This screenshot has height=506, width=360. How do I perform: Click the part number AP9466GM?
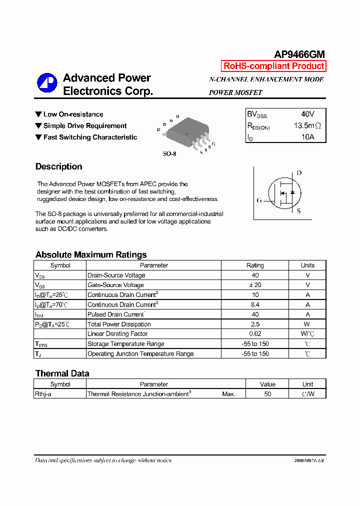pyautogui.click(x=299, y=54)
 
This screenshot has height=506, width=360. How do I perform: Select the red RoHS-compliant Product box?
pyautogui.click(x=273, y=66)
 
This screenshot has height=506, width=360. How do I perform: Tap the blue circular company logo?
pyautogui.click(x=47, y=83)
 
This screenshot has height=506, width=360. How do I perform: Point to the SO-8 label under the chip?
pyautogui.click(x=169, y=154)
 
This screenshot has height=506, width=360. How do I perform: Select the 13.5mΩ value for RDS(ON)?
pyautogui.click(x=307, y=125)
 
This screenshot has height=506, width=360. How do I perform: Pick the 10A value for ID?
pyautogui.click(x=307, y=137)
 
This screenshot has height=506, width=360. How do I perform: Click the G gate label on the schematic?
pyautogui.click(x=259, y=200)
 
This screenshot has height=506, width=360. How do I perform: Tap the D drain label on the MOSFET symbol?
pyautogui.click(x=299, y=173)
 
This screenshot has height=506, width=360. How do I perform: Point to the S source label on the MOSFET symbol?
pyautogui.click(x=299, y=211)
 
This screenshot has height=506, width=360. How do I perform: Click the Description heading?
pyautogui.click(x=58, y=167)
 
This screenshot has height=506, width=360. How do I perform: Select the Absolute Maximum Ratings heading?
pyautogui.click(x=91, y=254)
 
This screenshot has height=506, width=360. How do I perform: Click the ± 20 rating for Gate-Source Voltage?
pyautogui.click(x=255, y=285)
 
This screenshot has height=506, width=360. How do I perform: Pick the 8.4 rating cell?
pyautogui.click(x=255, y=304)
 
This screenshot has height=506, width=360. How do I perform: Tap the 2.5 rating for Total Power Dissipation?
pyautogui.click(x=255, y=324)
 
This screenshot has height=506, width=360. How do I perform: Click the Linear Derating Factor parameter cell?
pyautogui.click(x=117, y=334)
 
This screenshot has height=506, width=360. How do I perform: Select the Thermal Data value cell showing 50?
pyautogui.click(x=267, y=394)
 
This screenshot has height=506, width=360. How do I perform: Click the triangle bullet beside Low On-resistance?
pyautogui.click(x=38, y=114)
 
